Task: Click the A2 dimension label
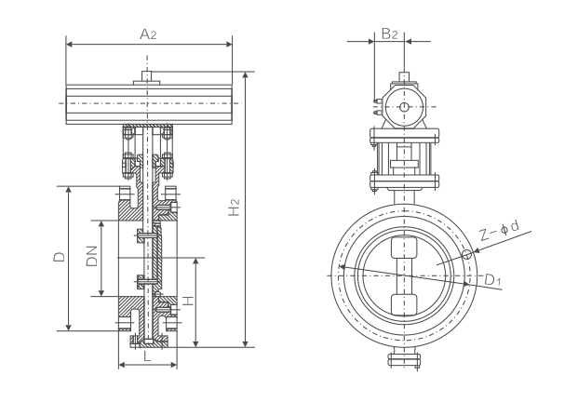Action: [x=148, y=34]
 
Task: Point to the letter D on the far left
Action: [x=58, y=257]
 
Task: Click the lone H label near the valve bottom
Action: [x=186, y=301]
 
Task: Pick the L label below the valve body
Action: [x=147, y=355]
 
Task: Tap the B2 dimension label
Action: [x=389, y=34]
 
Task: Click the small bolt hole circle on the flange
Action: [x=466, y=254]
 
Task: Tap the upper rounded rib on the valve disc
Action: [x=405, y=250]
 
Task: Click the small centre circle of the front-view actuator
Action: [x=403, y=107]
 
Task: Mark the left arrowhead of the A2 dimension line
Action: [x=69, y=43]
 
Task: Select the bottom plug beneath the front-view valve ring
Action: [x=404, y=359]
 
